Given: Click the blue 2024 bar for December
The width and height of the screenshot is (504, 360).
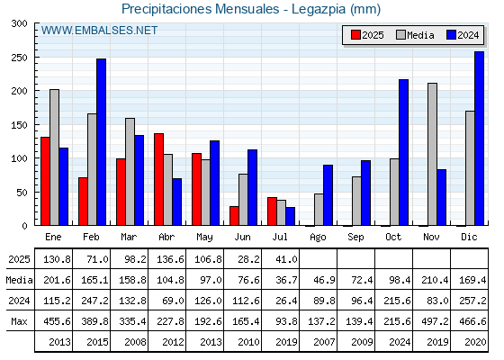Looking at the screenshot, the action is [479, 139].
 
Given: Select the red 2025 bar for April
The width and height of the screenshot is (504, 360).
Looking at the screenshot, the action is [158, 179].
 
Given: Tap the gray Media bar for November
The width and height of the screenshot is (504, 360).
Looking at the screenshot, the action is [432, 154].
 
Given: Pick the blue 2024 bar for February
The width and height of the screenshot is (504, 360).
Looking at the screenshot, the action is [101, 142].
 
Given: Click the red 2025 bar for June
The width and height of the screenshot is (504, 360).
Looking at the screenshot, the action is [234, 216].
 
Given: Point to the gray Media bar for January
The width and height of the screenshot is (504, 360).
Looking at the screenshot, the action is [54, 157].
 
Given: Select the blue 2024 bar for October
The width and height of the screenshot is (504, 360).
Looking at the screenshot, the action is [403, 152].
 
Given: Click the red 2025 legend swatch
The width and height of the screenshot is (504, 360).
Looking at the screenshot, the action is [355, 35].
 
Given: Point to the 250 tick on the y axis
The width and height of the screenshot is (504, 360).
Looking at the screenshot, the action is [19, 58].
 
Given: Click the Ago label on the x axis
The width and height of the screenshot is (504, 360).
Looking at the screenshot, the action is [318, 238].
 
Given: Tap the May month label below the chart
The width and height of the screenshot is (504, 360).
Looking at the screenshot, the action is [204, 238].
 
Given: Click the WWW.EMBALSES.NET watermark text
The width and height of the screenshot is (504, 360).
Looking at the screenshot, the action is [99, 31].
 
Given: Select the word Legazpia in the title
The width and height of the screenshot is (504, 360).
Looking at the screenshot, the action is [319, 9].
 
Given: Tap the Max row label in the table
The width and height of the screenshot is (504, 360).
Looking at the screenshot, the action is [19, 321].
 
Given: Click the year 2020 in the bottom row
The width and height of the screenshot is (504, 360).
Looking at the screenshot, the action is [475, 342].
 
